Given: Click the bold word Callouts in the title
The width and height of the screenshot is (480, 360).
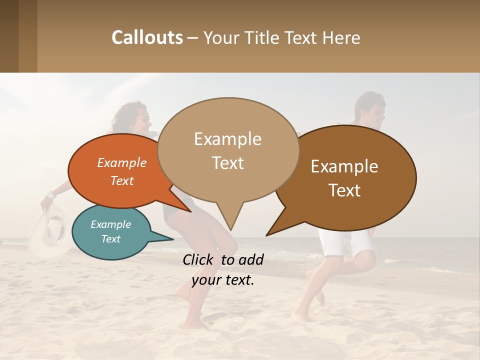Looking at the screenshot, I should (147, 37).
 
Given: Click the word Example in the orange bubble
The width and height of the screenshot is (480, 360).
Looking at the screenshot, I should (122, 162).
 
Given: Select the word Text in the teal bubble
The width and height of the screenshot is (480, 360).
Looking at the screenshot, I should (111, 239).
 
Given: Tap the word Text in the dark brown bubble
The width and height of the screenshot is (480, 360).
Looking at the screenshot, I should (345, 190).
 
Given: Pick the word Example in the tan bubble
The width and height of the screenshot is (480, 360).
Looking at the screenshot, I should (228, 139).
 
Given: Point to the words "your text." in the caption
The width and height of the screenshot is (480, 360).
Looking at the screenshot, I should (223, 280).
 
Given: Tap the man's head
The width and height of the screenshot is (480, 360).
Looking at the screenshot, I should (370, 110).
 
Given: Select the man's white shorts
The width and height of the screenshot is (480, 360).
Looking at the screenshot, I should (345, 242).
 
